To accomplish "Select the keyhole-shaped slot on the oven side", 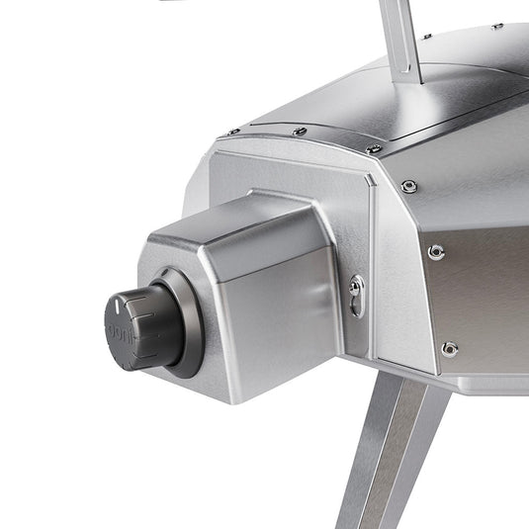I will click(x=357, y=294).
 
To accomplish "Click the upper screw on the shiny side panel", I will click(x=436, y=252).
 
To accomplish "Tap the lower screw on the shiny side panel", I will click(x=449, y=348).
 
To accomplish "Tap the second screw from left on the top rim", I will click(x=300, y=131).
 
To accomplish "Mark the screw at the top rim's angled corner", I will click(x=374, y=148).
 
